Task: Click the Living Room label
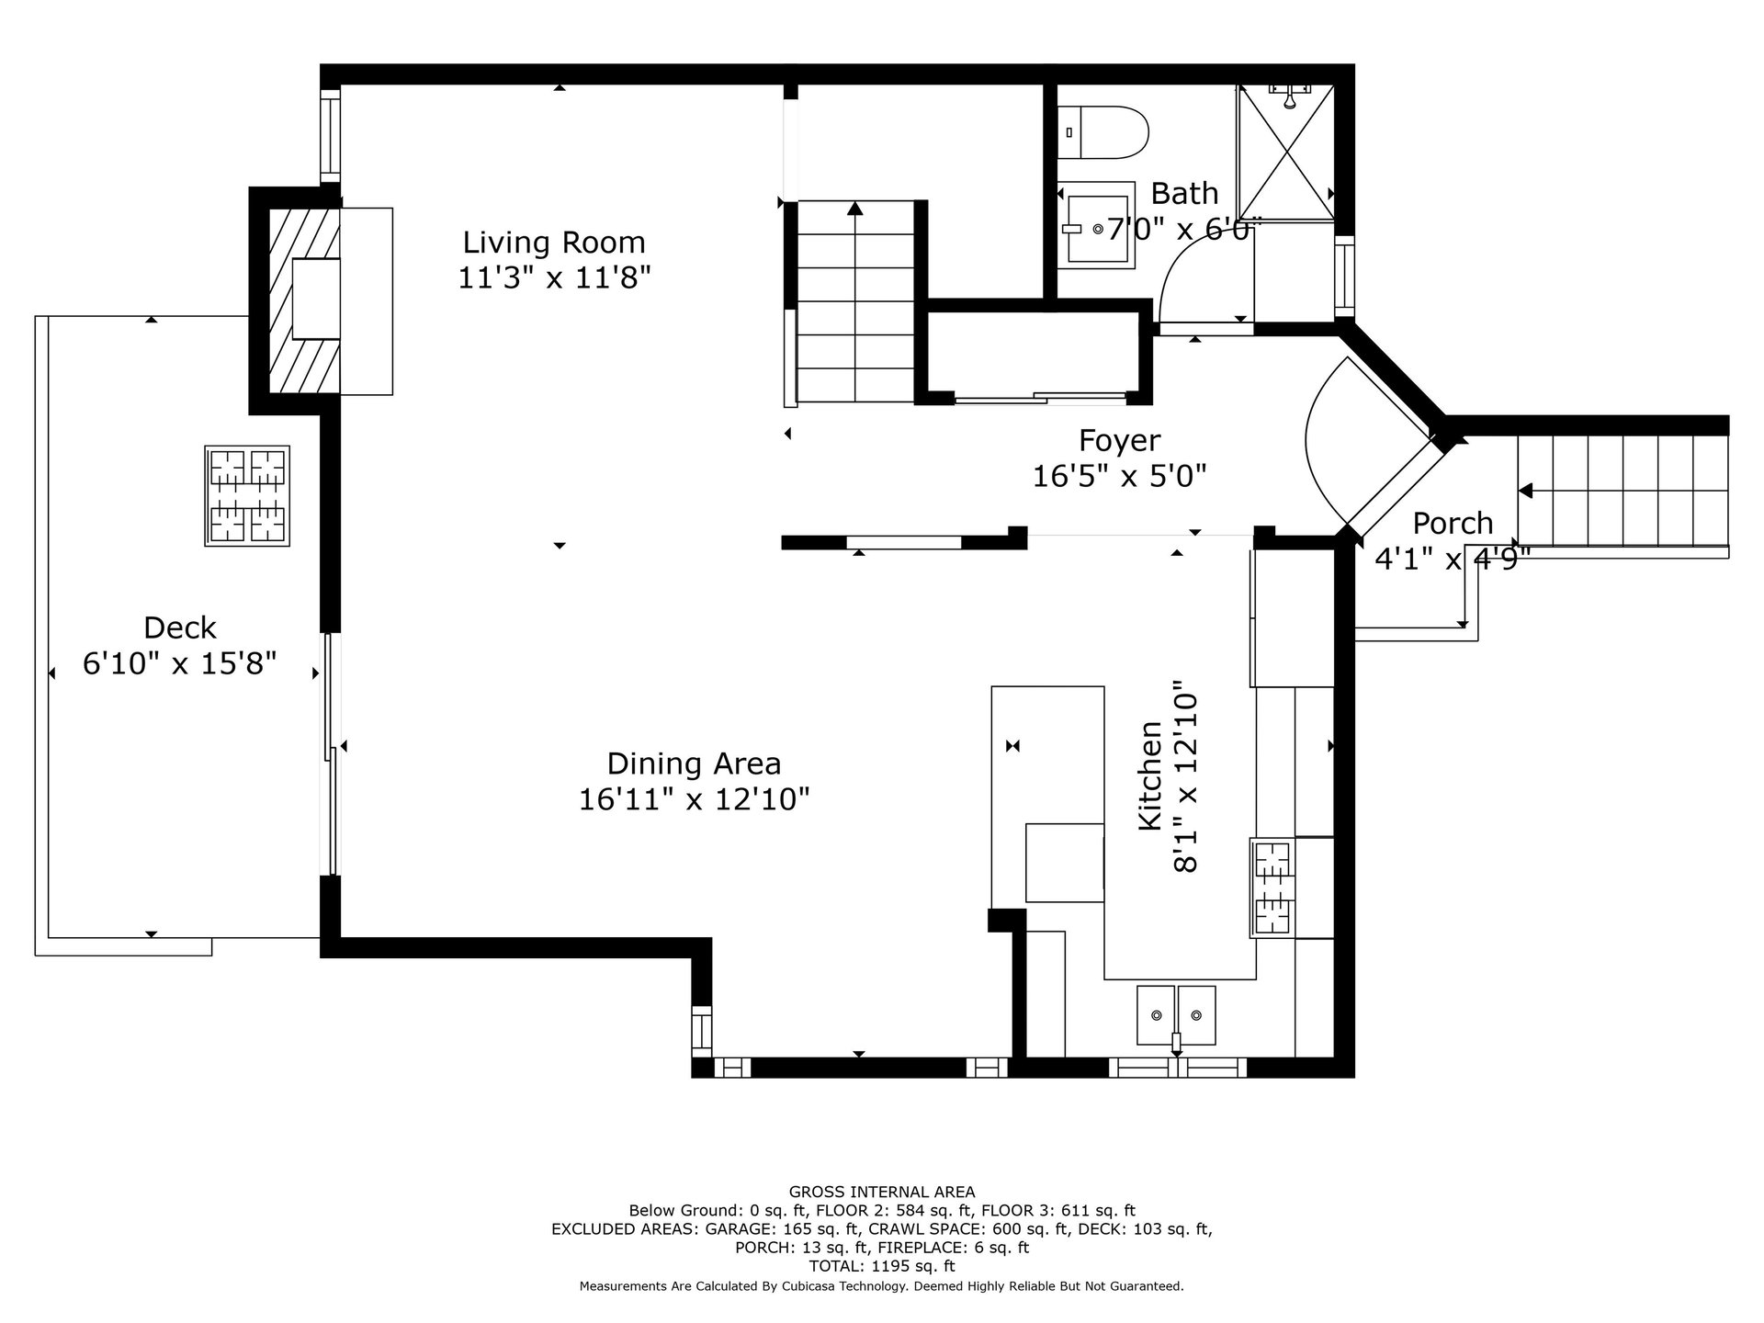click(554, 243)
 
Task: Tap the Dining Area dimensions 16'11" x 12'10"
click(694, 799)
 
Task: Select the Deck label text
click(180, 628)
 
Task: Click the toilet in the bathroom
click(1102, 132)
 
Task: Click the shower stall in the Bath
click(1286, 152)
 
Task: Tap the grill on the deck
click(247, 496)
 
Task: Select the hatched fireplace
click(304, 301)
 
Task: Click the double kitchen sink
click(1176, 1015)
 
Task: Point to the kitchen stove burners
click(1272, 888)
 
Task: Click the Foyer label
click(1119, 441)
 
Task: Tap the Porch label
click(1453, 524)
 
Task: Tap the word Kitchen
click(1150, 776)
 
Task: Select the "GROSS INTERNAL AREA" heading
click(882, 1193)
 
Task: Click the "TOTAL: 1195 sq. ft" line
click(882, 1266)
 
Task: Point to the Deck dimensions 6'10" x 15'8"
click(180, 663)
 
